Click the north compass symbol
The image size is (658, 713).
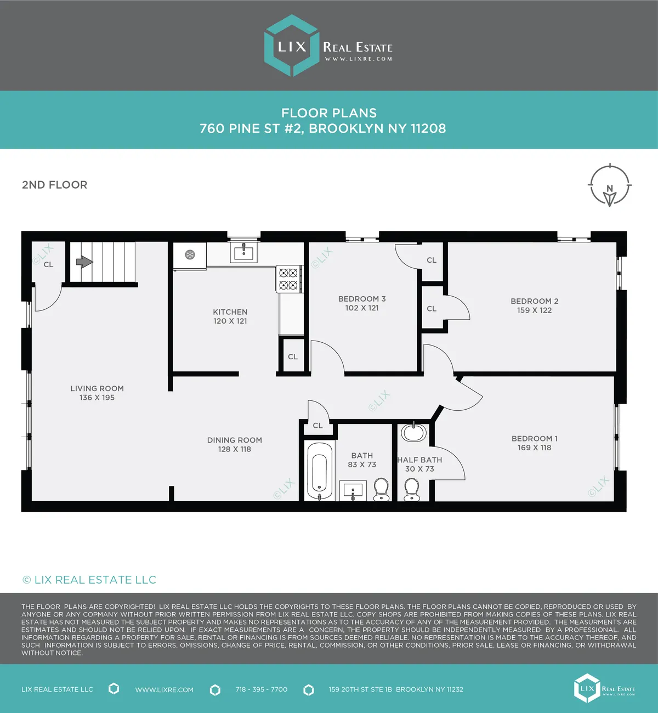click(610, 186)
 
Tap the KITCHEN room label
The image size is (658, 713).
click(230, 312)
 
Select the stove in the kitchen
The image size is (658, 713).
click(289, 279)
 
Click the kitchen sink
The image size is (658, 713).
click(243, 252)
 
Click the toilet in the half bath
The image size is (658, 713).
click(411, 489)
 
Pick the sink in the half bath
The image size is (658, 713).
click(413, 433)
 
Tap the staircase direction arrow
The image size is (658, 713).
click(84, 262)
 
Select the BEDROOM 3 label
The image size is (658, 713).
click(362, 299)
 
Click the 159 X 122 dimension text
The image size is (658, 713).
click(534, 310)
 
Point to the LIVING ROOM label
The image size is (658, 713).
click(97, 388)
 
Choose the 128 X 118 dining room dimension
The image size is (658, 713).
click(235, 449)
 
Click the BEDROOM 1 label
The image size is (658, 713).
click(534, 439)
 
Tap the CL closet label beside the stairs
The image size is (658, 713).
click(48, 264)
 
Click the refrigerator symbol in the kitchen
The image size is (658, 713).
click(190, 255)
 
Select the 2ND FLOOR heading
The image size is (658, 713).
click(54, 185)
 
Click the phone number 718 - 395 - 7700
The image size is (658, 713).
click(262, 689)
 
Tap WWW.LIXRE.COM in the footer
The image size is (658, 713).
click(164, 690)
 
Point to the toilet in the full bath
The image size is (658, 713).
click(381, 489)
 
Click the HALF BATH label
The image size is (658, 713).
click(420, 460)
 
